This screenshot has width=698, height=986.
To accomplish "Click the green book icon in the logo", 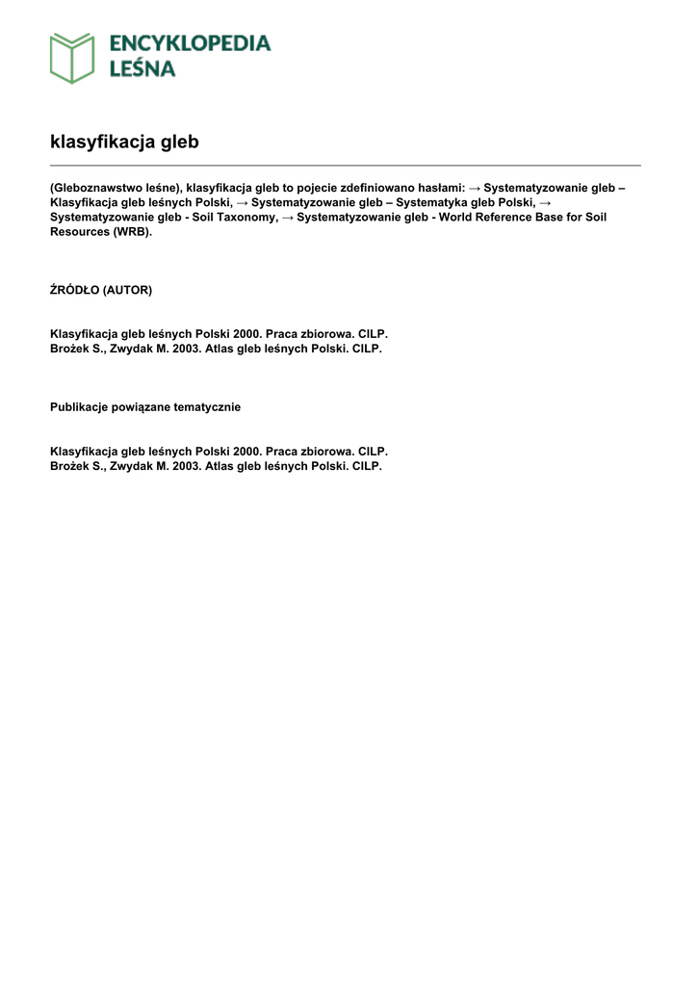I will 72,57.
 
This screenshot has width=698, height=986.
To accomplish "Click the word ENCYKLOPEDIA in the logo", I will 190,43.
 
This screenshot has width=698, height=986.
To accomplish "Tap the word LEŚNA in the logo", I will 142,69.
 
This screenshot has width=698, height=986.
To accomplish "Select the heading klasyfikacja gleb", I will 124,142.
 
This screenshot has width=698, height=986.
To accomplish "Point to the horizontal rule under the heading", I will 345,166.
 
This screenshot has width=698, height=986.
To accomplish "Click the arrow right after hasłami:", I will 475,187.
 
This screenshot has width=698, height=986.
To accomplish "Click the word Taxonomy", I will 244,218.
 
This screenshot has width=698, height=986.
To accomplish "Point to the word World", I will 457,218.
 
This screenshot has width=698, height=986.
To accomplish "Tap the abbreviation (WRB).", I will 132,232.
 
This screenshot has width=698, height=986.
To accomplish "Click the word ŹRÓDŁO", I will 74,290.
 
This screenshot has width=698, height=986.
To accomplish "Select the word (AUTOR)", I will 127,290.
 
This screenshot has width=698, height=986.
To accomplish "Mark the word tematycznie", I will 206,407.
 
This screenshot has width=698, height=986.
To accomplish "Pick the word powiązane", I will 142,407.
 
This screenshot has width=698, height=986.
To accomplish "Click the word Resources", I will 80,232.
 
